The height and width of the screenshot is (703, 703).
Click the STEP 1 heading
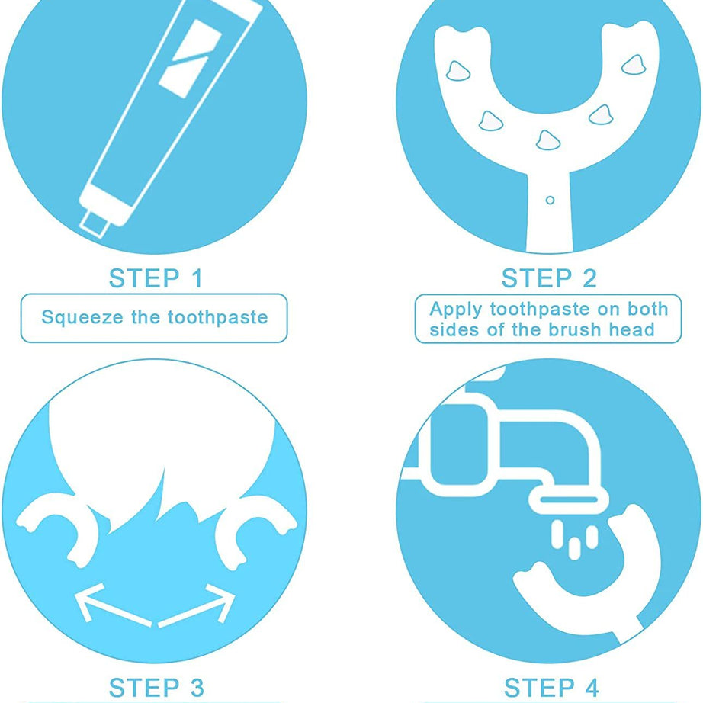(x=156, y=278)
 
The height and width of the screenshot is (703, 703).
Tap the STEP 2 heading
(x=549, y=278)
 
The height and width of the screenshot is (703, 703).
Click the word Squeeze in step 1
(x=82, y=317)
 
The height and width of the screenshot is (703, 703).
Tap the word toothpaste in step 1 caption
(x=217, y=317)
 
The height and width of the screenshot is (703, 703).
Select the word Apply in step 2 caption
(x=455, y=310)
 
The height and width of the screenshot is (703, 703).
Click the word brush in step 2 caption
(x=574, y=329)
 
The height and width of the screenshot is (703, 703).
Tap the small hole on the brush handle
(x=550, y=201)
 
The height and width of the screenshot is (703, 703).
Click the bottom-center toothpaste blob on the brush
(x=548, y=140)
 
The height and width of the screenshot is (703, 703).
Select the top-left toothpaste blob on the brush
(x=457, y=71)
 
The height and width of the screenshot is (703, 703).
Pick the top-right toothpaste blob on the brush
(x=634, y=66)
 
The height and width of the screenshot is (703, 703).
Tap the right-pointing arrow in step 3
(x=197, y=605)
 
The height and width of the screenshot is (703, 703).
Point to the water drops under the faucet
(x=574, y=539)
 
